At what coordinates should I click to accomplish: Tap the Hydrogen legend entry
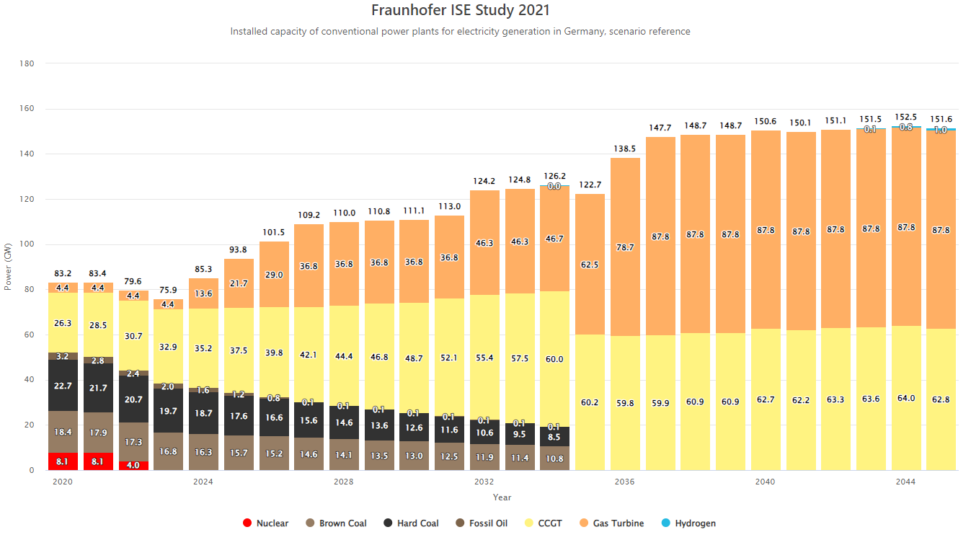pyautogui.click(x=695, y=523)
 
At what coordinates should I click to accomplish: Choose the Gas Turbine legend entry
pyautogui.click(x=618, y=523)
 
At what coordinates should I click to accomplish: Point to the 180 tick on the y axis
pyautogui.click(x=27, y=63)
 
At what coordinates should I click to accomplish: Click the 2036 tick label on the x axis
pyautogui.click(x=625, y=482)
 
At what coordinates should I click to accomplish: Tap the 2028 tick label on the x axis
pyautogui.click(x=344, y=482)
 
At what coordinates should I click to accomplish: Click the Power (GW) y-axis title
pyautogui.click(x=8, y=267)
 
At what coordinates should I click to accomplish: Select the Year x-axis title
pyautogui.click(x=502, y=497)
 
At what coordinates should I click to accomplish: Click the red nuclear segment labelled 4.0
pyautogui.click(x=133, y=466)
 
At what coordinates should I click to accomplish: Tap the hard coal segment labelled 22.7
pyautogui.click(x=63, y=386)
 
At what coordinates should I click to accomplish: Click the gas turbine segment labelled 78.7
pyautogui.click(x=625, y=247)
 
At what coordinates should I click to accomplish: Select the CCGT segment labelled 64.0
pyautogui.click(x=906, y=398)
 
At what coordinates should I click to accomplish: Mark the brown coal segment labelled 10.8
pyautogui.click(x=554, y=459)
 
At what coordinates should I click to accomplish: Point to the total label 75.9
pyautogui.click(x=169, y=291)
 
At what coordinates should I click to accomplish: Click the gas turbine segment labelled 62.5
pyautogui.click(x=590, y=265)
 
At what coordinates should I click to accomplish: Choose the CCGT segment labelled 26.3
pyautogui.click(x=63, y=323)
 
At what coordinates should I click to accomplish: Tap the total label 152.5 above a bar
pyautogui.click(x=906, y=117)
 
